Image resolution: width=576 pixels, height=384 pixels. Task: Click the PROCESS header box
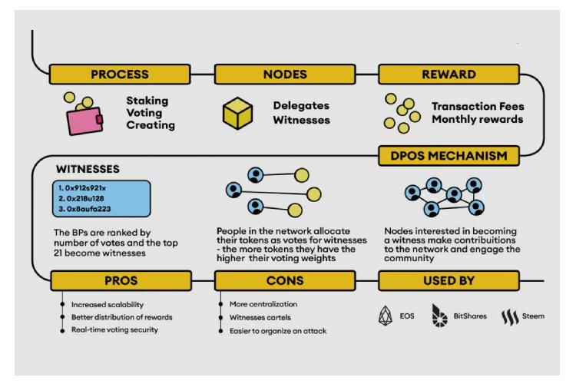click(120, 74)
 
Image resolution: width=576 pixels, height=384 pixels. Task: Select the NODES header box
click(285, 74)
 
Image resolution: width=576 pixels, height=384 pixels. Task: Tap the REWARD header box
click(449, 74)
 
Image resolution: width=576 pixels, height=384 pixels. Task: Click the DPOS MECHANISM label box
click(449, 156)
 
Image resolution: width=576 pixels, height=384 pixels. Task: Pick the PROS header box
click(121, 281)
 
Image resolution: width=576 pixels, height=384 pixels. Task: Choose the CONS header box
click(285, 281)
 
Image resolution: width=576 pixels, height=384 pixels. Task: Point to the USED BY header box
click(449, 281)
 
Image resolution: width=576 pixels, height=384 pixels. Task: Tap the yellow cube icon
click(237, 113)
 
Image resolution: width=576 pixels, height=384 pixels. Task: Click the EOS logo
click(386, 316)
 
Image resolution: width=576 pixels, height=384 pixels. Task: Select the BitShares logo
click(439, 316)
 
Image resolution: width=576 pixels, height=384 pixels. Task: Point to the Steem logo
click(510, 316)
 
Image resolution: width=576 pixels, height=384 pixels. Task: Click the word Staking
click(147, 101)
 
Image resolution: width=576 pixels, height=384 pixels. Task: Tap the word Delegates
click(301, 105)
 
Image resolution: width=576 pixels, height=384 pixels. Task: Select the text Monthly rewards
click(478, 119)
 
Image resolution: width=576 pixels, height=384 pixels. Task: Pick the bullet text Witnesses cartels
click(260, 317)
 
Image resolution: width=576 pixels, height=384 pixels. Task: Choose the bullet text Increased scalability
click(108, 305)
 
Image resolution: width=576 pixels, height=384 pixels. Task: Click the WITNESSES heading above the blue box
click(88, 169)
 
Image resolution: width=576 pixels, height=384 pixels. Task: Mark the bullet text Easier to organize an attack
click(278, 331)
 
